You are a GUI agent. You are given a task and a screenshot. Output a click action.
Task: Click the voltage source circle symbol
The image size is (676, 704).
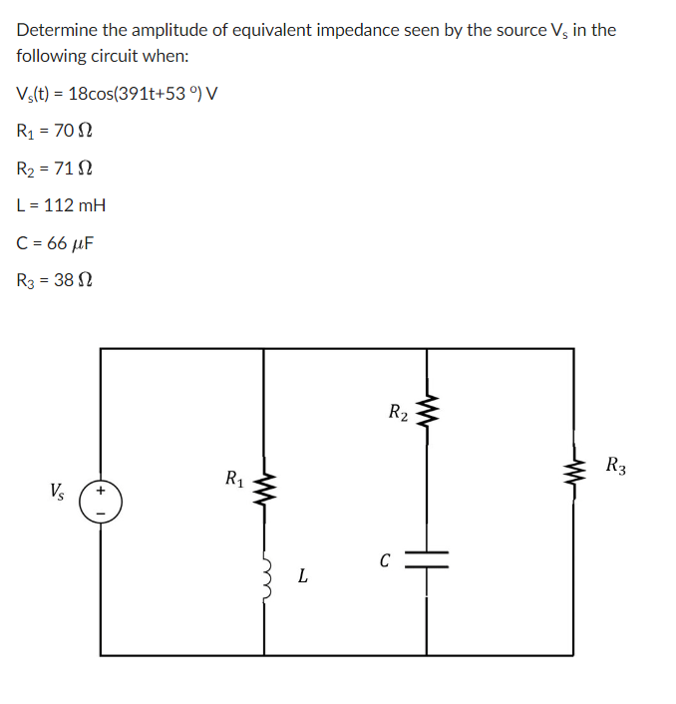coord(102,502)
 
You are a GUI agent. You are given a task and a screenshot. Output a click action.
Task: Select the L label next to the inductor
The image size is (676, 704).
coord(302,576)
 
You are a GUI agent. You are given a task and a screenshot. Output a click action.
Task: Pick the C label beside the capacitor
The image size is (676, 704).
coord(384,560)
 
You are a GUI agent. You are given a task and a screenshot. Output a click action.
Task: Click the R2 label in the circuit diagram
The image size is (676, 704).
coord(397,410)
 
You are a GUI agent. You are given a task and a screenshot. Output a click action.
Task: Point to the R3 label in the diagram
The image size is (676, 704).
coord(616,464)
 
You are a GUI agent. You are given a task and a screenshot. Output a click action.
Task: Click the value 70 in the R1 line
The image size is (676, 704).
coord(66,131)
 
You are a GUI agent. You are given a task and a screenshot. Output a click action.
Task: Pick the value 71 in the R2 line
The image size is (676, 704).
coord(66,168)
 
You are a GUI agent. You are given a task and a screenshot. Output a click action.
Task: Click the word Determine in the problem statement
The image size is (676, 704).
coord(54,30)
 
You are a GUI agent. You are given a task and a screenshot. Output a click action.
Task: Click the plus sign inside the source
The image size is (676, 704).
coord(102,491)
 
